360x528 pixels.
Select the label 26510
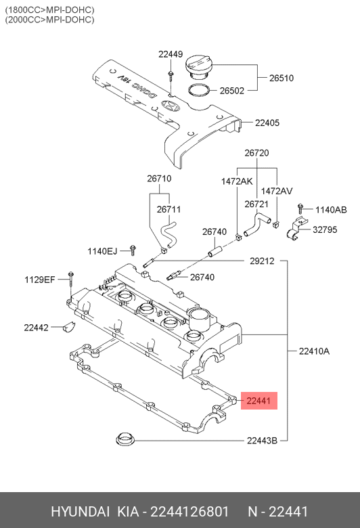coord(282,79)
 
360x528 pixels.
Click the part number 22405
coord(267,123)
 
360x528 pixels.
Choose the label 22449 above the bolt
coord(171,54)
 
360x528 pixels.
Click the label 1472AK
coord(237,181)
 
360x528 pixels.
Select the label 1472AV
coord(277,191)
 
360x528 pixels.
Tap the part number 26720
coord(256,154)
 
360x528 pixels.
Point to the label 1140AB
coord(331,210)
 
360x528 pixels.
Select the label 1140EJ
coord(102,251)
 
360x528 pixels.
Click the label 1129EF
coord(40,279)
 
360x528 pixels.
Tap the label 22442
coord(36,328)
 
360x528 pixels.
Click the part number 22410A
coord(314,351)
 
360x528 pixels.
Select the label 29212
coord(262,261)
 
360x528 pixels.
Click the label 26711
coord(168,210)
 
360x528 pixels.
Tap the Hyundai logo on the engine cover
coord(169,106)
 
